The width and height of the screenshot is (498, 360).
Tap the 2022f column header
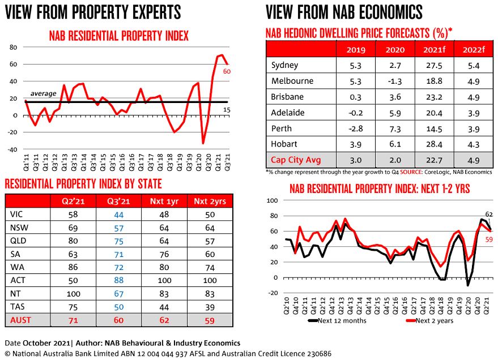[471, 49]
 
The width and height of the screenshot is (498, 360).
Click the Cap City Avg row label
[296, 160]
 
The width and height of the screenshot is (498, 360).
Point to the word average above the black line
[44, 93]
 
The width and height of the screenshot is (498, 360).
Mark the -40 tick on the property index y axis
[12, 150]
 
